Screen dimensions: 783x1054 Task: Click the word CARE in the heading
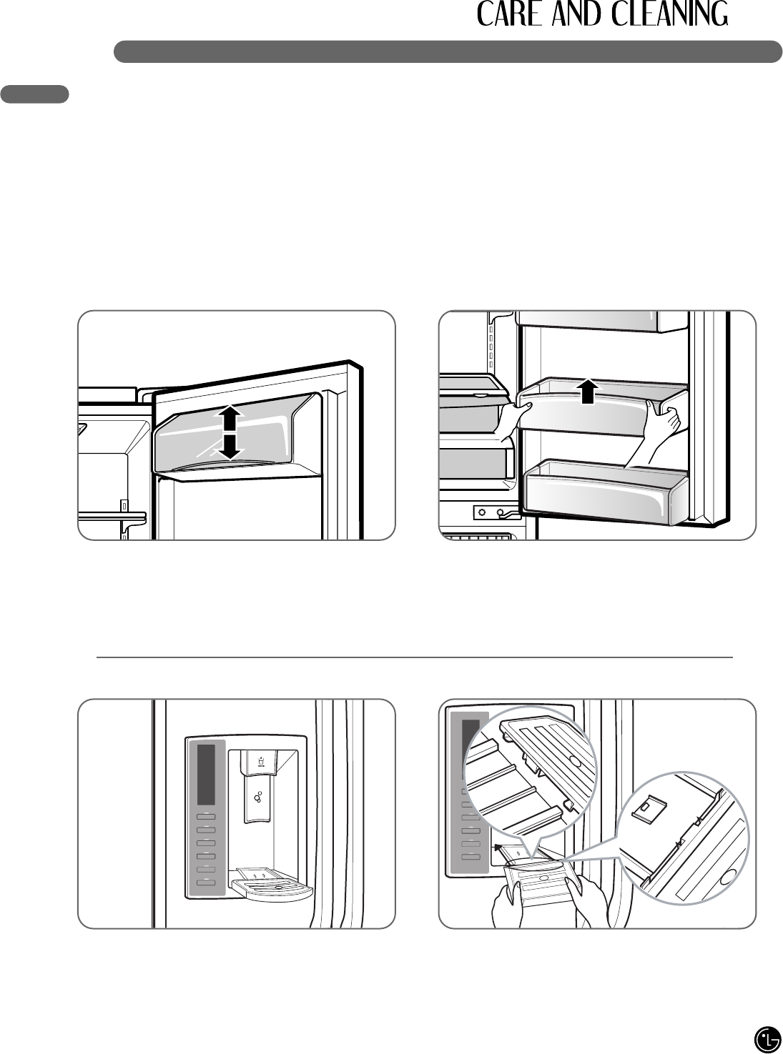coord(509,14)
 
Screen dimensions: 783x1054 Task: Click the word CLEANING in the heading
coord(670,14)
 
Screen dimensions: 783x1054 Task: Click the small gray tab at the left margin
coord(35,94)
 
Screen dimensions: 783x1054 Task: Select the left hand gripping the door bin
coord(511,419)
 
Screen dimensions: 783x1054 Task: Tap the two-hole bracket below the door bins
coord(492,512)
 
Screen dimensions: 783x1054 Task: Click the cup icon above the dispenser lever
coord(261,762)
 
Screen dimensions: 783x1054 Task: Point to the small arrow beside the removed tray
coord(498,847)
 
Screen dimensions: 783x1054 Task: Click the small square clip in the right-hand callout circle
coord(649,807)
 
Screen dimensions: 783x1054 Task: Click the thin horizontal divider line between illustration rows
coord(414,657)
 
